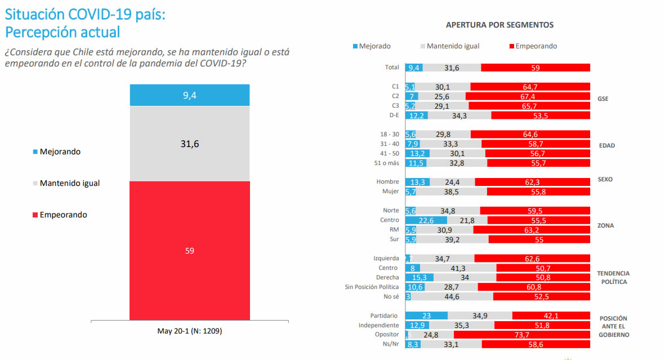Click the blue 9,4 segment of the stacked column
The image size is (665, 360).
(189, 95)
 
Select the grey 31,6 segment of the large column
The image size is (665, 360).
(189, 144)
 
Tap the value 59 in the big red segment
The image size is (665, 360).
(189, 251)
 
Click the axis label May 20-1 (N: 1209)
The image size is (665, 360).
(189, 331)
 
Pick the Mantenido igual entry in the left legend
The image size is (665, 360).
(70, 183)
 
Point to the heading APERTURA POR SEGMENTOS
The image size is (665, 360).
(499, 25)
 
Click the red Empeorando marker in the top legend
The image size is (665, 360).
(511, 46)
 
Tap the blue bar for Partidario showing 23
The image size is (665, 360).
(426, 315)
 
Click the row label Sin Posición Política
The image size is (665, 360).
(372, 287)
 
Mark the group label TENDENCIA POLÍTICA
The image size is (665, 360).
(613, 277)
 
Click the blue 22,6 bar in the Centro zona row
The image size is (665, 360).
(426, 220)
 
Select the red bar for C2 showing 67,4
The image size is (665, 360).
(528, 96)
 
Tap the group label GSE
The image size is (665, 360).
(603, 99)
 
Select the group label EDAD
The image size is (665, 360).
(606, 145)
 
